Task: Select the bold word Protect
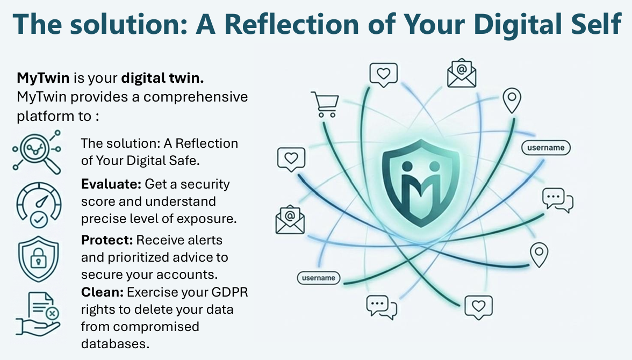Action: click(x=107, y=240)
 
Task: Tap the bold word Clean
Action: click(x=102, y=293)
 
